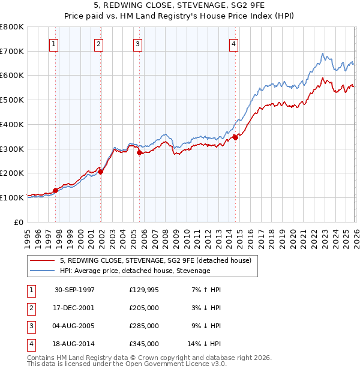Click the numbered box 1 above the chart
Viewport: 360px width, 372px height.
pos(53,44)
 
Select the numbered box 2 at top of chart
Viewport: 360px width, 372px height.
pos(98,44)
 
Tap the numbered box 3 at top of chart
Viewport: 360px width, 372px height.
pos(137,44)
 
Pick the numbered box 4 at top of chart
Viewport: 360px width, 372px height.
pos(233,44)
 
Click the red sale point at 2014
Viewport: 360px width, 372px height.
pos(235,137)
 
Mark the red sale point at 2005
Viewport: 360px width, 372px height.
pos(139,152)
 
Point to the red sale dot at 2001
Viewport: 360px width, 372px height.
pos(101,172)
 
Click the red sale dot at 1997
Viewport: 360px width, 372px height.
pos(56,190)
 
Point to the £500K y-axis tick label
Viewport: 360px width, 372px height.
pos(12,100)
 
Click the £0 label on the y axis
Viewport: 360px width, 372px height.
pos(18,222)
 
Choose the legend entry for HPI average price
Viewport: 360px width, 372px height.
pos(135,271)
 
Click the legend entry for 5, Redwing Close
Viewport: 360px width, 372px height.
pos(158,260)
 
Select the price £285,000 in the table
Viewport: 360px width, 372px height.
pos(144,326)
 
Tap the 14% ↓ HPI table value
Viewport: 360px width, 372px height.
pos(205,344)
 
